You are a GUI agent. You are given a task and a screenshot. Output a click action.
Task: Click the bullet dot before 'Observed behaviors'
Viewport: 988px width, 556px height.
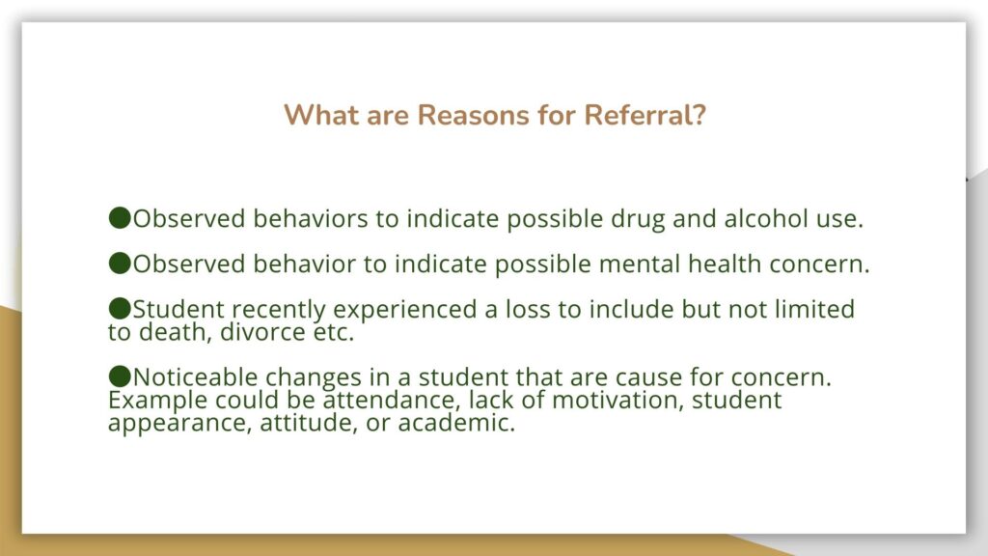[x=120, y=218]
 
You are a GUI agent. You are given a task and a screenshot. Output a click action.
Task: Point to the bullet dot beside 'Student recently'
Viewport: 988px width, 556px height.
[x=120, y=309]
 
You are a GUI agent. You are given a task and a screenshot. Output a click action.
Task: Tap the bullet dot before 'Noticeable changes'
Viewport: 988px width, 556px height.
[x=120, y=377]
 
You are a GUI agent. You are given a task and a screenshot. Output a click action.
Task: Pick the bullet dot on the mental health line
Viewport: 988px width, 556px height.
[x=120, y=264]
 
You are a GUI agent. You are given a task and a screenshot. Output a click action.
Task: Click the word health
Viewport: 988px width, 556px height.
[x=725, y=264]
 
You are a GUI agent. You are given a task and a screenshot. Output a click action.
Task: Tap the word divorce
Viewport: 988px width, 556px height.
[x=262, y=332]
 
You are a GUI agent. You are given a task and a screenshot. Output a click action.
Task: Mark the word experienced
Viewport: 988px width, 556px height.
[x=405, y=310]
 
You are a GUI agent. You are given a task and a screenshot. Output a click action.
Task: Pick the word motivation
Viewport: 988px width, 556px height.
[x=618, y=401]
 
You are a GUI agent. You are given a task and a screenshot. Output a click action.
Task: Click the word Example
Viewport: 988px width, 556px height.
[x=157, y=401]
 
